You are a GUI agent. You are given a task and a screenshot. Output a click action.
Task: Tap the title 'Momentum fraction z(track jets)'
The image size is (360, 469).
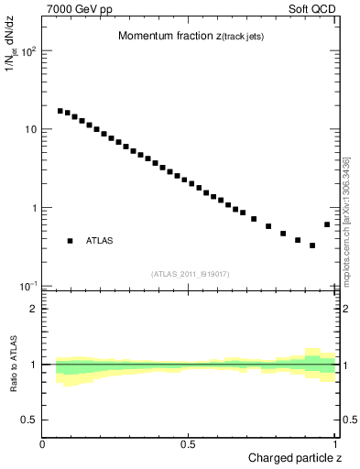[x=191, y=37]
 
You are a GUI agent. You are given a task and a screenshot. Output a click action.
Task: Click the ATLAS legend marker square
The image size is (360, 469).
[x=70, y=241]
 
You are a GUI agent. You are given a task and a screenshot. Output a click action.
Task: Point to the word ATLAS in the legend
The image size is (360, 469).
[x=100, y=241]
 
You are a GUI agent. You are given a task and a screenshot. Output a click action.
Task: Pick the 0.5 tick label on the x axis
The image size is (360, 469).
[x=189, y=444]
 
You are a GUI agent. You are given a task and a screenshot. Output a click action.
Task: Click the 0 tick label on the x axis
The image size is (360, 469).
[x=43, y=444]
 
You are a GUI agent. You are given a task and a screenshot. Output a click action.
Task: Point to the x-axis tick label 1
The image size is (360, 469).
[x=334, y=444]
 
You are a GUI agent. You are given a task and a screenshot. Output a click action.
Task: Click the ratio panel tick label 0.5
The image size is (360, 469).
[x=29, y=420]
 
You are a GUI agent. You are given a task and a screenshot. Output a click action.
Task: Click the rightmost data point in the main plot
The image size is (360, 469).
[x=327, y=224]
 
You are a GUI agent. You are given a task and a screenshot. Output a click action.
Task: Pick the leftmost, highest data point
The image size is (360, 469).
[x=60, y=111]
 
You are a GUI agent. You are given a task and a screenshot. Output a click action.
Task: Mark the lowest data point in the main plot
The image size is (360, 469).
[x=312, y=245]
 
